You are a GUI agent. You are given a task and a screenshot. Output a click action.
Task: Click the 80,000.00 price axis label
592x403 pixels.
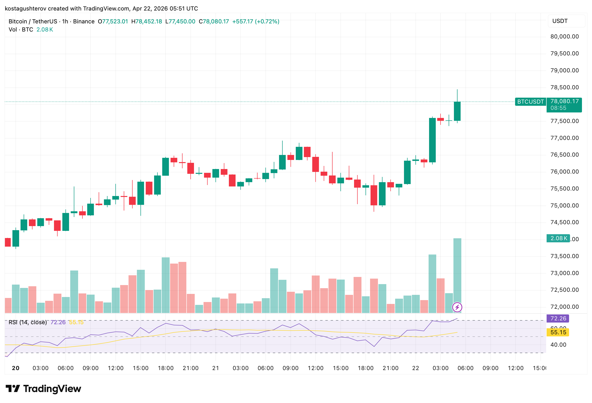564,36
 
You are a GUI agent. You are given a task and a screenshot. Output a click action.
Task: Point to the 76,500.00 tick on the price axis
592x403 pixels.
564,155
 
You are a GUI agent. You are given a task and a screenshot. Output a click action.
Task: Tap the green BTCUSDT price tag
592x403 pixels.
530,101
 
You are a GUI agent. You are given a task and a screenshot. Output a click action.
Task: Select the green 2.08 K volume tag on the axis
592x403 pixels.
558,238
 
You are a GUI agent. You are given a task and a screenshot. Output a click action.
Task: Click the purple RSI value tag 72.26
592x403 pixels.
558,318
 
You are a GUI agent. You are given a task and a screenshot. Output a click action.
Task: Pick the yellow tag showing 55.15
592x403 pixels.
558,332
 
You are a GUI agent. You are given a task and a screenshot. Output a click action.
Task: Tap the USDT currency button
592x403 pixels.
566,21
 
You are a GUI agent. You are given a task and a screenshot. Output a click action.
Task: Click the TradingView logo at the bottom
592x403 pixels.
43,389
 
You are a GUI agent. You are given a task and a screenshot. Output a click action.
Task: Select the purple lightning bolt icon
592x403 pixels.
457,307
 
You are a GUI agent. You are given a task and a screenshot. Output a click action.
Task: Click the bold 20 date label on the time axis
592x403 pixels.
16,368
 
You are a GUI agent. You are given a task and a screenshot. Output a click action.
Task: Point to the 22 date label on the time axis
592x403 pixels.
415,368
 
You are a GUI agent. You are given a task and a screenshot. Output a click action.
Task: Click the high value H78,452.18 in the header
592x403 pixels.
147,21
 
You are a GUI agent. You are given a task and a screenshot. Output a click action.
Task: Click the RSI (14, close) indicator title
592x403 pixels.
27,322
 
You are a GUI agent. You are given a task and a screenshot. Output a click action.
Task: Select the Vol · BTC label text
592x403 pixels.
21,30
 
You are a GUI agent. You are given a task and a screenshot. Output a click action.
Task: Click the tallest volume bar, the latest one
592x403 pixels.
457,275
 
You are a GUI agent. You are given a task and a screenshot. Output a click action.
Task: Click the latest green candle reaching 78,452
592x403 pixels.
457,111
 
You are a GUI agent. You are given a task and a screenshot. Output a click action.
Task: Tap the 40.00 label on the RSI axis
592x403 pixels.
558,345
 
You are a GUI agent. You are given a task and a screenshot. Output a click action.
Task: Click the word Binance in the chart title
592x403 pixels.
84,21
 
